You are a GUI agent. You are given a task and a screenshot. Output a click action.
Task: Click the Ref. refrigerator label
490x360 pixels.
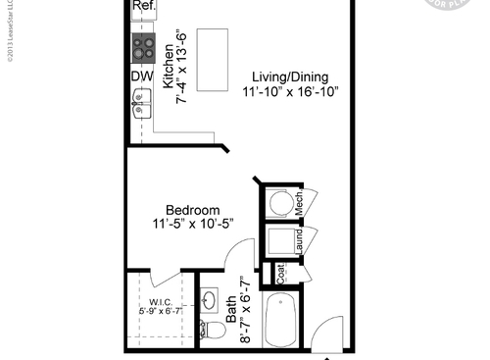(x=143, y=6)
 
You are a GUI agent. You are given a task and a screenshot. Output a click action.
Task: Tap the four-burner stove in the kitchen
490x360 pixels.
(x=143, y=46)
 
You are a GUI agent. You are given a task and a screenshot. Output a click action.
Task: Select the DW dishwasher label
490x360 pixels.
(x=140, y=75)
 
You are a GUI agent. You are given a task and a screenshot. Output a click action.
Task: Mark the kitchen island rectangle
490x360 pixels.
(x=213, y=60)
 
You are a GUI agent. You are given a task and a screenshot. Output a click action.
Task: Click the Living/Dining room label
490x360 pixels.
(x=289, y=77)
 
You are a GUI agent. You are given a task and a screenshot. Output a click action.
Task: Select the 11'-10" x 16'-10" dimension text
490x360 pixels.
(x=290, y=92)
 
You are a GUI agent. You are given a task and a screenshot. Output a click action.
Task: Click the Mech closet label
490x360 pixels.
(x=300, y=203)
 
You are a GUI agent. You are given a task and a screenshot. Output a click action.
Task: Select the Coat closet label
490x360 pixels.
(x=280, y=274)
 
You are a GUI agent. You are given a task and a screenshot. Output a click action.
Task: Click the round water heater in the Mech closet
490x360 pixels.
(x=280, y=203)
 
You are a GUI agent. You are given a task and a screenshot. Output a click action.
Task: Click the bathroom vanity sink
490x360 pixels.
(x=209, y=298)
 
